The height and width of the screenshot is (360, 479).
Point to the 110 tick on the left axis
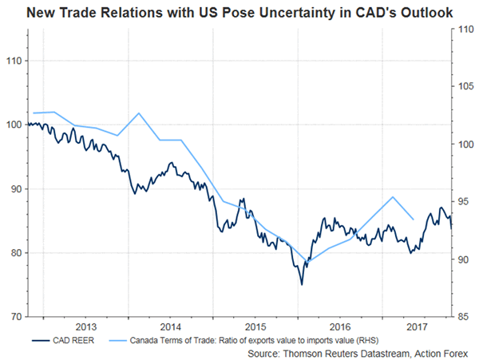click(14, 61)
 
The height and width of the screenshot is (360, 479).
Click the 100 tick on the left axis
click(14, 125)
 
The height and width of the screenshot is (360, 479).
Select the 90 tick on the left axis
click(16, 188)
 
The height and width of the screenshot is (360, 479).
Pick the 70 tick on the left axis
click(16, 316)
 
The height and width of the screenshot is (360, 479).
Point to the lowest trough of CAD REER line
click(302, 284)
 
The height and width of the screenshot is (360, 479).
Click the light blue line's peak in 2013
click(139, 113)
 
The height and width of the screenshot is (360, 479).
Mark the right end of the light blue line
click(413, 219)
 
